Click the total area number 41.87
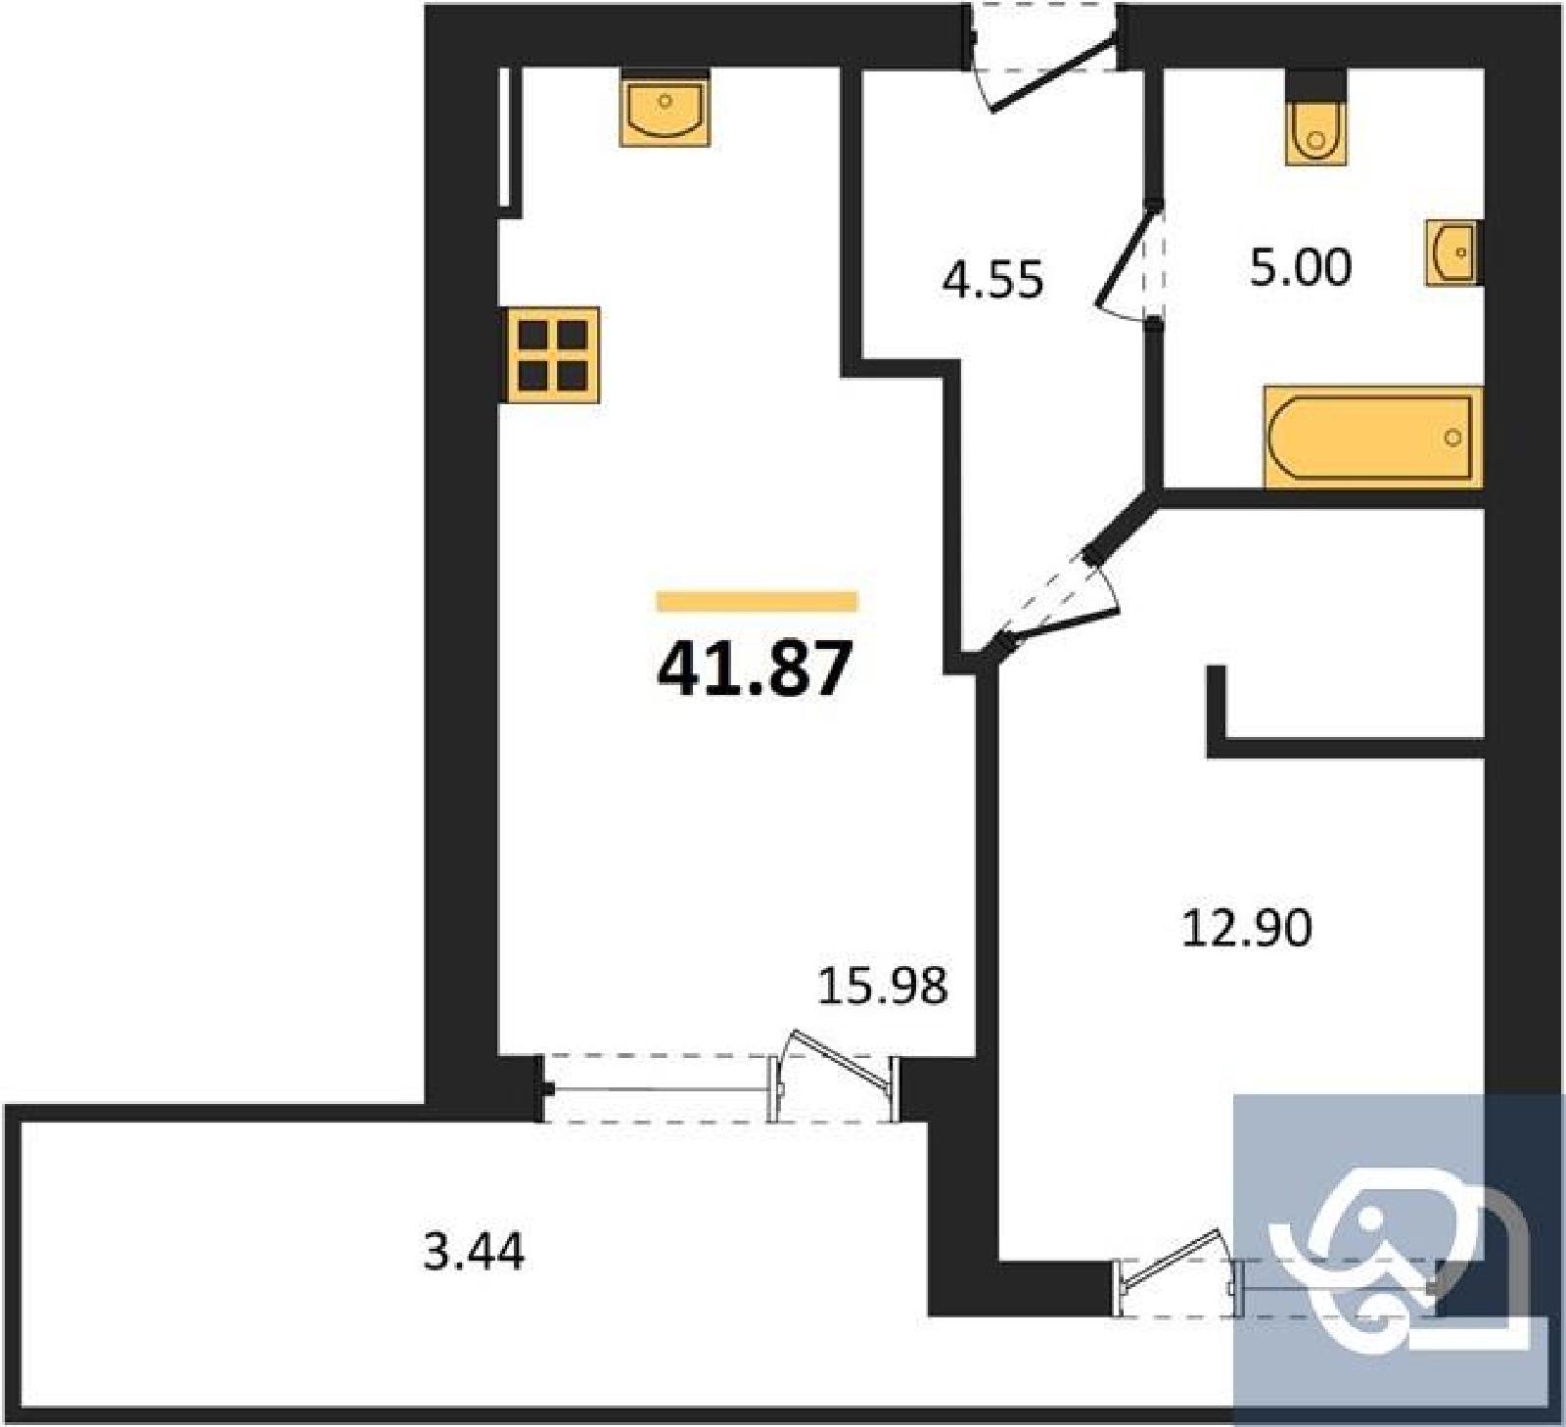[x=755, y=669]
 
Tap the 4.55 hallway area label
[x=992, y=280]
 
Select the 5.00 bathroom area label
[x=1301, y=266]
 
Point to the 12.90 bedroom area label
[x=1247, y=927]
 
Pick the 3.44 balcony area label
[x=474, y=1251]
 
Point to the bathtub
[x=1373, y=437]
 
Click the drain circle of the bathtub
[x=1453, y=437]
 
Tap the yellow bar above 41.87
[x=757, y=601]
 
